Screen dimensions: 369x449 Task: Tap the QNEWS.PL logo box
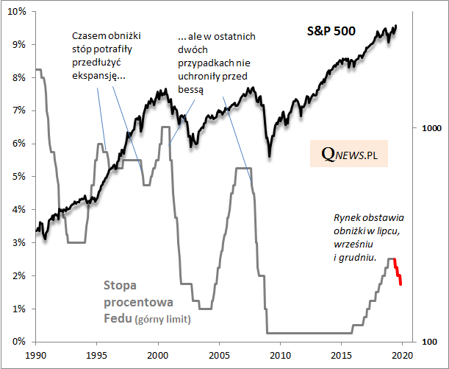(348, 154)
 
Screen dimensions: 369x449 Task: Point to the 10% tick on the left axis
(18, 11)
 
